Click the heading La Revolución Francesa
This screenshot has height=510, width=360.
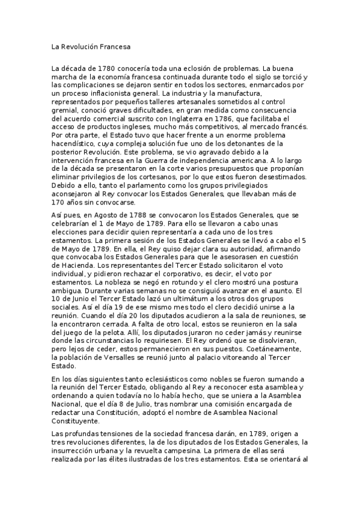point(91,46)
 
